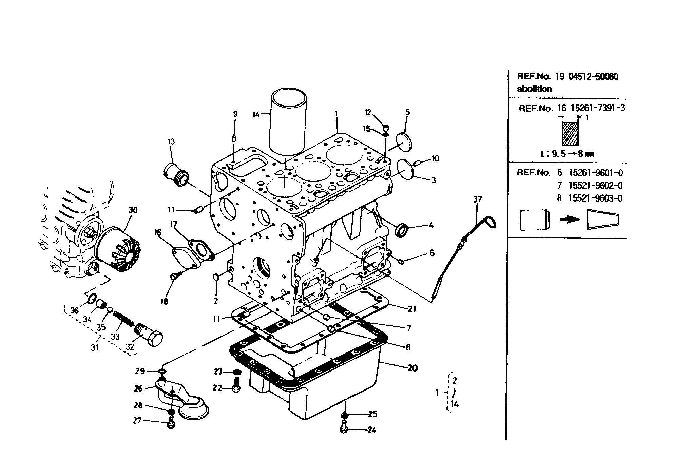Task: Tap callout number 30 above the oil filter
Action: coord(133,210)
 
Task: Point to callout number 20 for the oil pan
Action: coord(412,368)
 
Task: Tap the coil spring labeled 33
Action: coord(123,319)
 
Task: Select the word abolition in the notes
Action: coord(534,89)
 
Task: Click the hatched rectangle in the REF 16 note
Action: coord(570,134)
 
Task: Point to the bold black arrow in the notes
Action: coord(570,220)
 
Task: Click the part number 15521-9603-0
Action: coord(595,198)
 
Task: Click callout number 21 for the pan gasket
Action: coord(411,309)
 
